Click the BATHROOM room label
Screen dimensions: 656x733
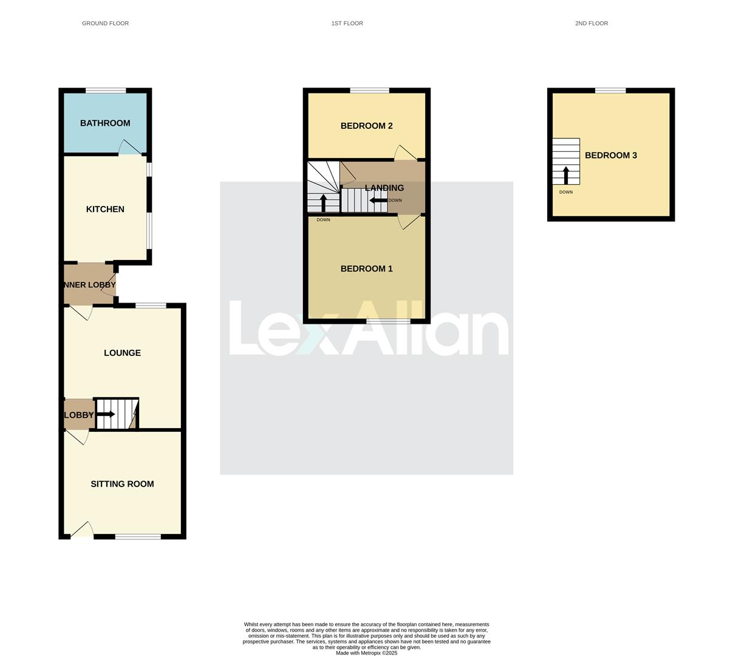(105, 123)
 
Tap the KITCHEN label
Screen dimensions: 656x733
(105, 210)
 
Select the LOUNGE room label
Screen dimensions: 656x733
(122, 353)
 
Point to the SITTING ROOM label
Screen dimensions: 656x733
(122, 484)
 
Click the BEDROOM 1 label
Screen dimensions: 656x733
(366, 269)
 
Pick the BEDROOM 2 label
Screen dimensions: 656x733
(366, 126)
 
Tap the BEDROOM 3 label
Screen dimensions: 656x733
(610, 155)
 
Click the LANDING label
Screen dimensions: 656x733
(384, 188)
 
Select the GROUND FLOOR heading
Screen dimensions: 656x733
(105, 24)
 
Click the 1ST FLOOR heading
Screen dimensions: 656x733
(347, 24)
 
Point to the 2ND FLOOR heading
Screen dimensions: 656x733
(591, 24)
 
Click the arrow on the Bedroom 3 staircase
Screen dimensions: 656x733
(566, 175)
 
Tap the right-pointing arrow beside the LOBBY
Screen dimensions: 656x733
(105, 414)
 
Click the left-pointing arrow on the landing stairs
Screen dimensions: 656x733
(378, 200)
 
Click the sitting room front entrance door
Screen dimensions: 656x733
(83, 531)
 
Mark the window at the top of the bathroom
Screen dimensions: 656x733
(106, 91)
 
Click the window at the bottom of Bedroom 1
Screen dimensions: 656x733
(387, 321)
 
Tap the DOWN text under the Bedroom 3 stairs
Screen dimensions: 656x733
(565, 193)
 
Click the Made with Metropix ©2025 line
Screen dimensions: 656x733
(366, 653)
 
